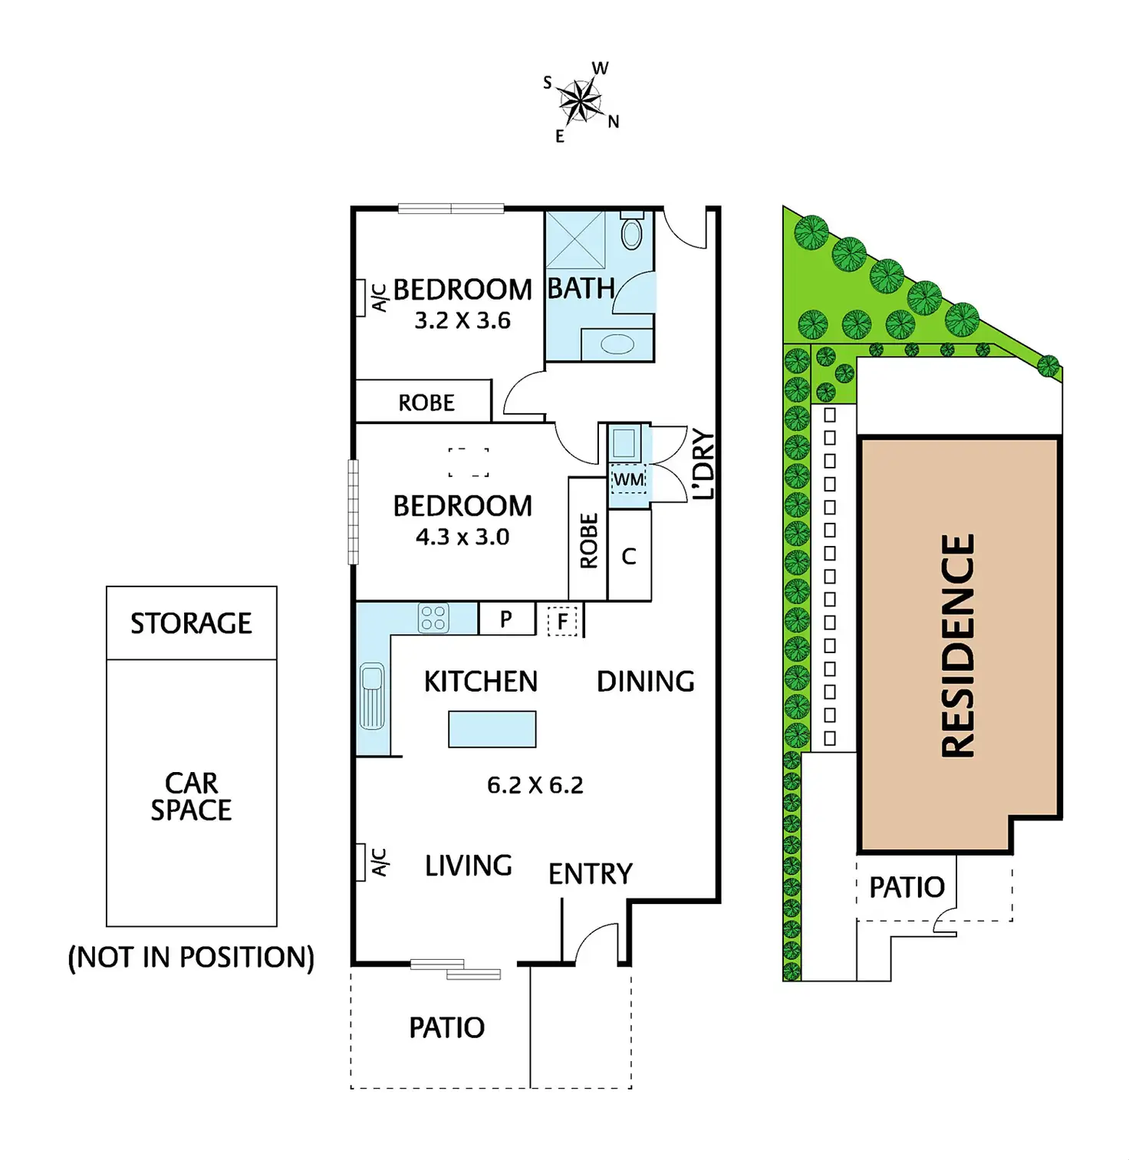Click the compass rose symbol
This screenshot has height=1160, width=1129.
(581, 100)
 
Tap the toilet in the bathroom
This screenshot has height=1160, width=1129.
(631, 232)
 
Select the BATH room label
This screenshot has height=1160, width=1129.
(581, 289)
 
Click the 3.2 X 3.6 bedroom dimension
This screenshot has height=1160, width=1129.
(462, 320)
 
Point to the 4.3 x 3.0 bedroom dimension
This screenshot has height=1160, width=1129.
(462, 537)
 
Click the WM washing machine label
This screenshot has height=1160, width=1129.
(629, 480)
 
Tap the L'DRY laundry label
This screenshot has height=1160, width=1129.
(703, 465)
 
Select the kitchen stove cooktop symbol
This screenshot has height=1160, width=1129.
(433, 618)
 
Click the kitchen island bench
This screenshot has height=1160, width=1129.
(492, 729)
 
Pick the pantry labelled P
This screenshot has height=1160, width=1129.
(506, 619)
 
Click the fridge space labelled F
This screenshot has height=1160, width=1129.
(563, 621)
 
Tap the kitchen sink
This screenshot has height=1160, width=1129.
(372, 696)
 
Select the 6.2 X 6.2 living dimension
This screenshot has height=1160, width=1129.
(535, 785)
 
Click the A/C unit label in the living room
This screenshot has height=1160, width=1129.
(379, 863)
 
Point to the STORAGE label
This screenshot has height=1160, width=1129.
(191, 623)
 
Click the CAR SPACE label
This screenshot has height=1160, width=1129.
(191, 797)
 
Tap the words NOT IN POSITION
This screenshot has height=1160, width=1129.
(191, 957)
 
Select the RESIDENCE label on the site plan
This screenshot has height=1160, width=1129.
(958, 646)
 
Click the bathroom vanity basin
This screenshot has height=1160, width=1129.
(617, 345)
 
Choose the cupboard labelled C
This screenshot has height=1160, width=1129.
(629, 557)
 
